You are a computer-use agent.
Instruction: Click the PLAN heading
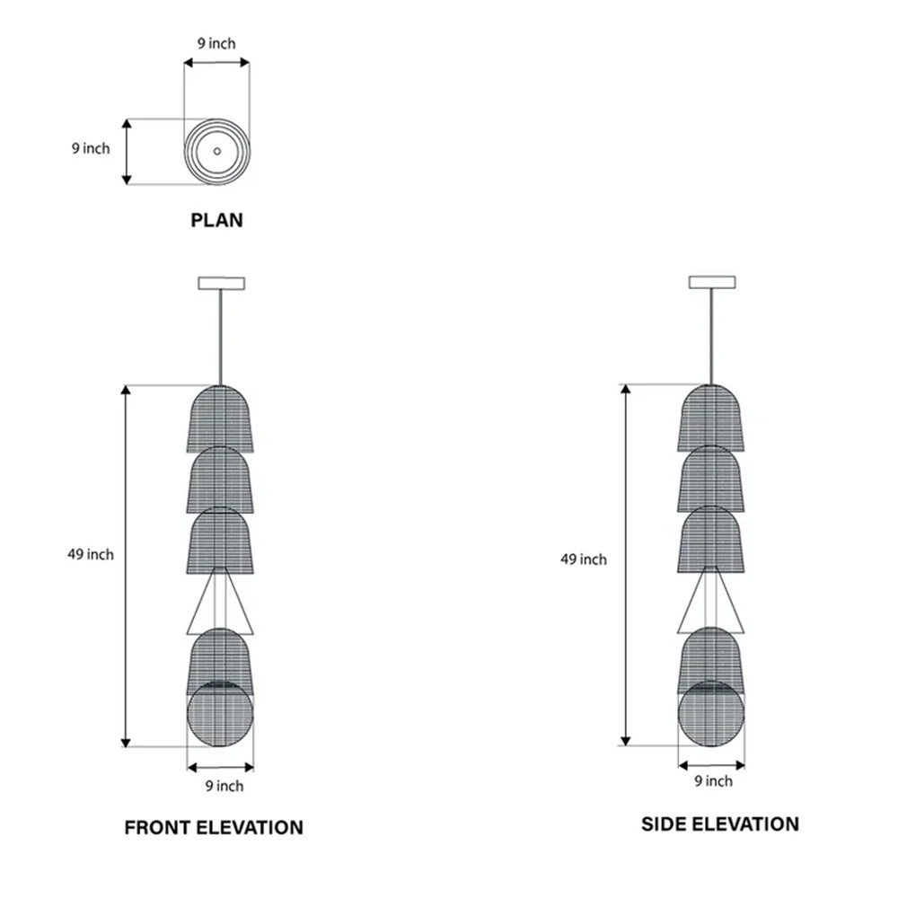pos(216,221)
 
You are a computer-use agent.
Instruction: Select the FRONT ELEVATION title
pos(214,828)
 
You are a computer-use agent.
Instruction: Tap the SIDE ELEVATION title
pos(720,824)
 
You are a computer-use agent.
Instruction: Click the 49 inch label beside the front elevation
pos(91,554)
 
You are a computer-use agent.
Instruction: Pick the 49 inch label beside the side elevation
pos(584,559)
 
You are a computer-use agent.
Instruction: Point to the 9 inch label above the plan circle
pos(216,43)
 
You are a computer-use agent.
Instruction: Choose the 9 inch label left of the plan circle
pos(91,148)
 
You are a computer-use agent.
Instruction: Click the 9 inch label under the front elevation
pos(224,786)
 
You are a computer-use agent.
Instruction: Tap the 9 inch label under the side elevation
pos(714,781)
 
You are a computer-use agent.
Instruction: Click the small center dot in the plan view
pos(217,151)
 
